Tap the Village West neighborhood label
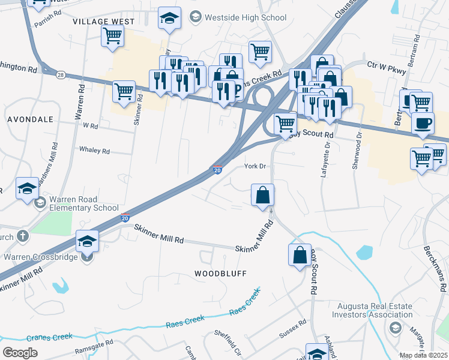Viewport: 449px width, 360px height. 104,21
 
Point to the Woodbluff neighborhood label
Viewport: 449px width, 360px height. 221,273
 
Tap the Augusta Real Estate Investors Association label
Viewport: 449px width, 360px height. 373,310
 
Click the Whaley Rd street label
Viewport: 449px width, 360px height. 94,151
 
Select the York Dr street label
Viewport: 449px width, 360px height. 255,166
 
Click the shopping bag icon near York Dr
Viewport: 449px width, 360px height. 262,196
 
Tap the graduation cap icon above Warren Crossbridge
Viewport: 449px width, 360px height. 88,242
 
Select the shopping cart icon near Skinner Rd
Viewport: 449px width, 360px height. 124,92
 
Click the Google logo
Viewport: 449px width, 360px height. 20,353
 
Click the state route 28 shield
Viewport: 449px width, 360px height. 61,74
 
